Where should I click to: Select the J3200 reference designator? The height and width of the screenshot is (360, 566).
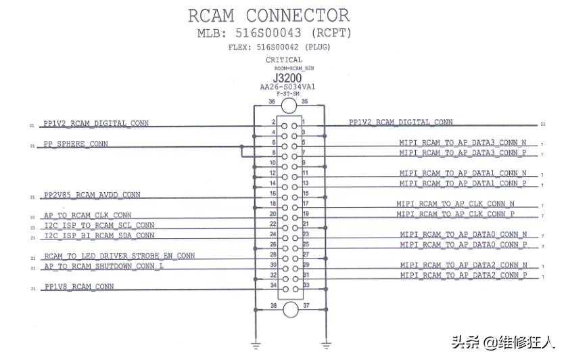coord(287,78)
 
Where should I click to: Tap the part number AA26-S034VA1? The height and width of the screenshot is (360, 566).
coord(287,87)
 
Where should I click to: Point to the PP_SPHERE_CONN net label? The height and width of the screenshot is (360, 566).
coord(75,144)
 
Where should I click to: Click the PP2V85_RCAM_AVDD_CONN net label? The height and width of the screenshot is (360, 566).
coord(92,195)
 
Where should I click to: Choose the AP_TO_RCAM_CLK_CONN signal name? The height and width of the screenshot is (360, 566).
coord(87,215)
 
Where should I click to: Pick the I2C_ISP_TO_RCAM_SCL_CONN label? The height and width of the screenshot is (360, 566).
coord(99,225)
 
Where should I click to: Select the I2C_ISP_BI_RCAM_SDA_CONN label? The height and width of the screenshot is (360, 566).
coord(99,235)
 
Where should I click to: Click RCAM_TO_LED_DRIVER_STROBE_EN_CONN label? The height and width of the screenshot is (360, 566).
coord(119,256)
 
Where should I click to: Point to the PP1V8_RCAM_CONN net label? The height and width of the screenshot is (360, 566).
coord(78,287)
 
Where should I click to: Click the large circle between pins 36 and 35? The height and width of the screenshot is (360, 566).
coord(289,106)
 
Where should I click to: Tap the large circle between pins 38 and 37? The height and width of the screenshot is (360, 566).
coord(289,309)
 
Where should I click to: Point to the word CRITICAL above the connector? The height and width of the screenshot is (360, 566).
coord(284,60)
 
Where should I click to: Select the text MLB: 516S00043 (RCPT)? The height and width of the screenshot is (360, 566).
coord(274,33)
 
